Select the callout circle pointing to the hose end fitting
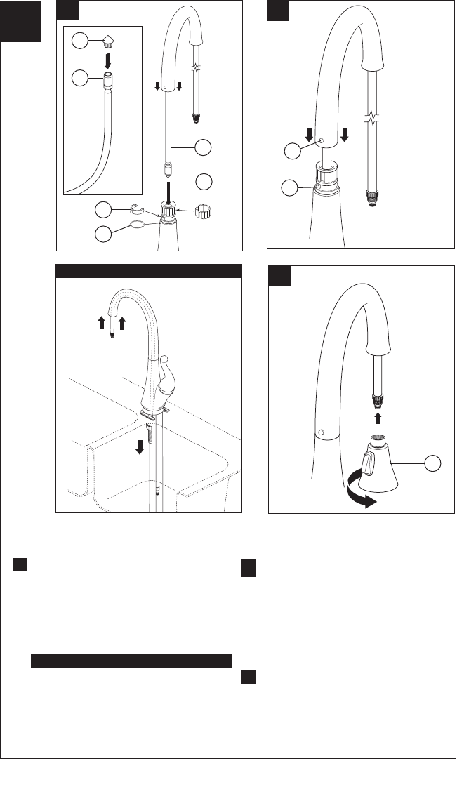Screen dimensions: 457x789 [x=81, y=79]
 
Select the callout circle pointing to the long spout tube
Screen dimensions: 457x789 [x=202, y=147]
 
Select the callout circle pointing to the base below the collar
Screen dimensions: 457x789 [x=293, y=187]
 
